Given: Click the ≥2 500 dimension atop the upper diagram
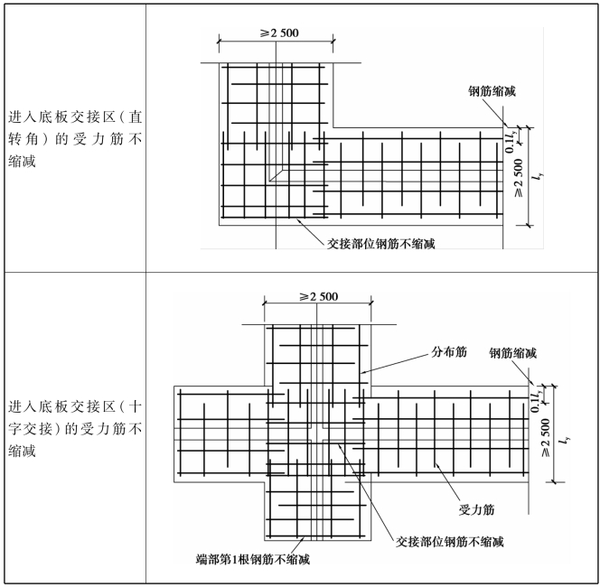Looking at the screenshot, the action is (x=280, y=33).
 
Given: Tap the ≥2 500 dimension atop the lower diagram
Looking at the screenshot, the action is (x=319, y=297).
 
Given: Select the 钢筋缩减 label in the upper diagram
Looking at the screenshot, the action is (x=492, y=91).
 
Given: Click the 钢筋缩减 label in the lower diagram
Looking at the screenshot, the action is (x=512, y=353).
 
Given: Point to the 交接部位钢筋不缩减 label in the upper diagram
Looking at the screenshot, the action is (x=381, y=244).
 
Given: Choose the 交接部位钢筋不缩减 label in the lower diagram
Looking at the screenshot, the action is (x=450, y=542).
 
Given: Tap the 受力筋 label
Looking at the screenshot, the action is (x=477, y=509).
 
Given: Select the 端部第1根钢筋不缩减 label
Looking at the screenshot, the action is (x=252, y=560).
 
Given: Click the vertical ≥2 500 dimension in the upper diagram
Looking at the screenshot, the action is (x=518, y=178).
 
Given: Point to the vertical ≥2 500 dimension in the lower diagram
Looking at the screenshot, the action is (x=545, y=438).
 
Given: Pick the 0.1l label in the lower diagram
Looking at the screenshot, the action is (x=537, y=401).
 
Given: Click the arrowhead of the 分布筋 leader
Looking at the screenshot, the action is (x=361, y=372).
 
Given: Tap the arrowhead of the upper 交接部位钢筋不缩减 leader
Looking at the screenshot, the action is (x=298, y=219).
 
